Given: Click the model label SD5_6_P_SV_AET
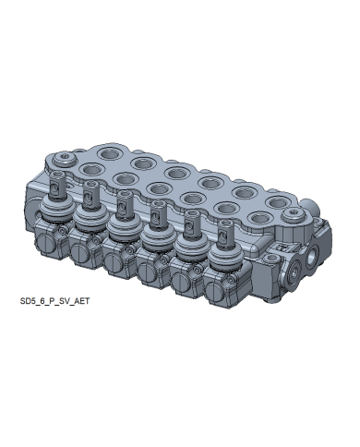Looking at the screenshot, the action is click(54, 301).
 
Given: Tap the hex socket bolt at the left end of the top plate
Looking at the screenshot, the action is click(64, 158).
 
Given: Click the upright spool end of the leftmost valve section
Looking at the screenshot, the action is click(57, 184).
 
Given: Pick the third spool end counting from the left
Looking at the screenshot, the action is click(125, 203).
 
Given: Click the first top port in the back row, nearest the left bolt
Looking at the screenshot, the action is click(109, 152).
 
